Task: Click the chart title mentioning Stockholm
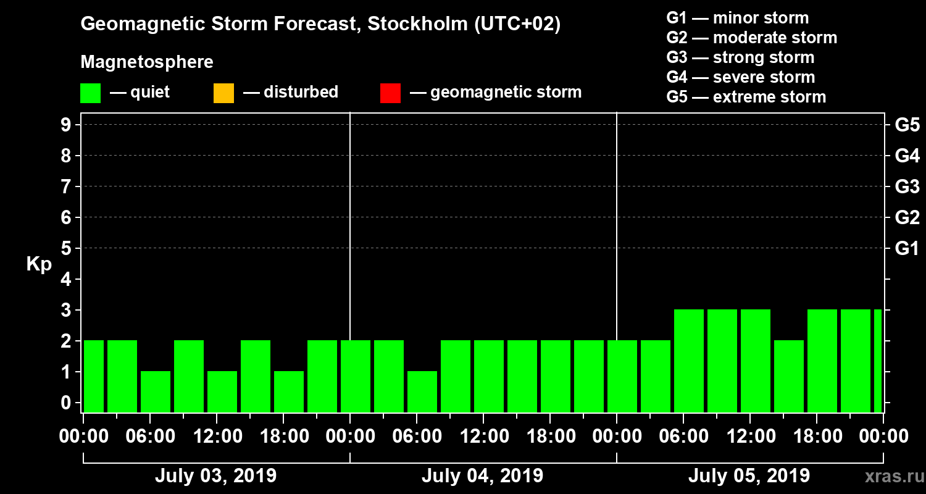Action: click(320, 25)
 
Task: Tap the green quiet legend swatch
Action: click(90, 93)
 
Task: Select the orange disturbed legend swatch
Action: click(223, 93)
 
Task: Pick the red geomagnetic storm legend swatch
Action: click(390, 93)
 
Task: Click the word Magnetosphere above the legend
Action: click(147, 62)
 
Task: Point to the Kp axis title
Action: click(39, 264)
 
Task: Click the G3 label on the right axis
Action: click(907, 186)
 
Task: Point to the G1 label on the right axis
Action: click(907, 248)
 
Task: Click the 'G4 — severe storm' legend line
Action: click(741, 77)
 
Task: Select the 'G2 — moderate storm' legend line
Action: click(752, 38)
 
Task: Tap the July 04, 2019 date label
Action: click(482, 476)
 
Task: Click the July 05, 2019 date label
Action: click(749, 476)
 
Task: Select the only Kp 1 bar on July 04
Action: click(422, 391)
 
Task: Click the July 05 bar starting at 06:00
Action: click(689, 361)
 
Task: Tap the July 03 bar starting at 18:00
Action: click(289, 391)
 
